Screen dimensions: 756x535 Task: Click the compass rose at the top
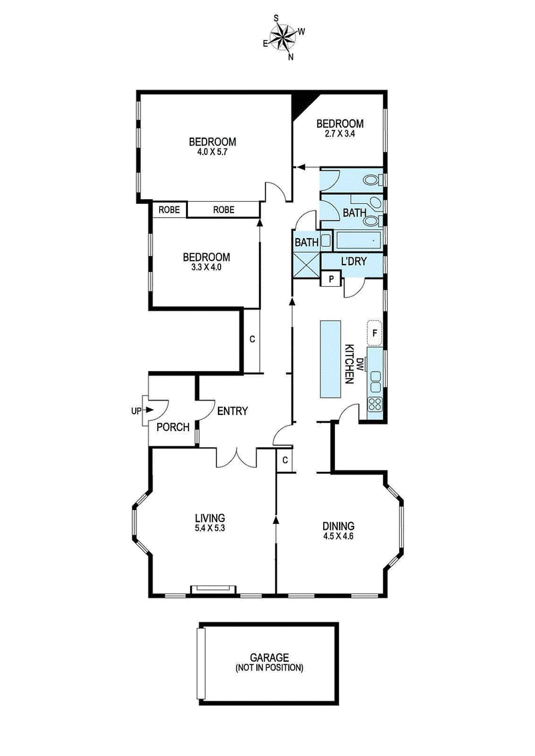(284, 37)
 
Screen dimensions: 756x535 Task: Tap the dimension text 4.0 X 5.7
(213, 152)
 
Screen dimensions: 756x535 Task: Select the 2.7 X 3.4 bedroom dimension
(340, 134)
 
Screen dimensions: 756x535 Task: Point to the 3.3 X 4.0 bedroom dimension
(207, 267)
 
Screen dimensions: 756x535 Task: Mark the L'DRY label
(354, 261)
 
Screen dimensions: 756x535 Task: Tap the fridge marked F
(374, 332)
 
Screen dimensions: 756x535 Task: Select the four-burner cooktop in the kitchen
(374, 404)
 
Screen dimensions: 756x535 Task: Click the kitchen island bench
(330, 360)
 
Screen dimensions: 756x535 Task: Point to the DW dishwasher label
(360, 364)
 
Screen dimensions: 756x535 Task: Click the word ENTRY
(233, 411)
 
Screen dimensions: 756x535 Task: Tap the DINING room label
(337, 525)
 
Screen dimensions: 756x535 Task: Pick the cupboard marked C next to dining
(284, 460)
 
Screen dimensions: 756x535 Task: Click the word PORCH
(173, 427)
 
